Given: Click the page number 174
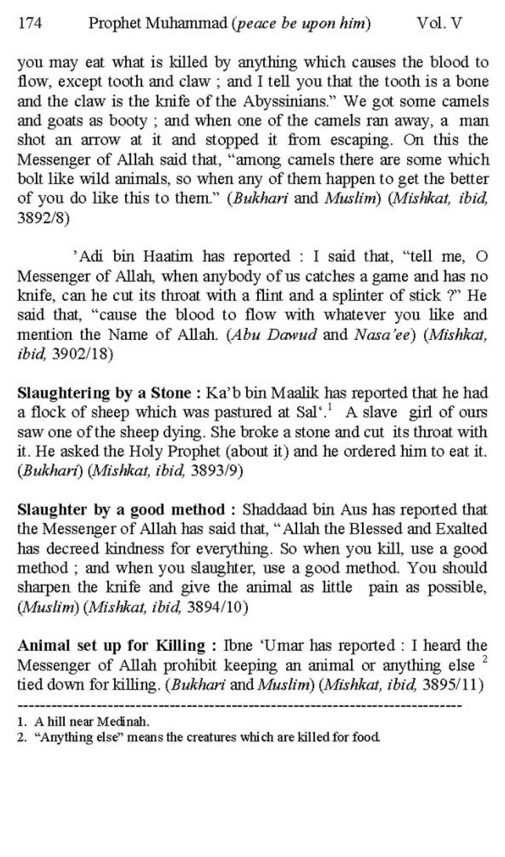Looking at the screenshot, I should [29, 24].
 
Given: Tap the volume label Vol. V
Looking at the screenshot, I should [439, 24].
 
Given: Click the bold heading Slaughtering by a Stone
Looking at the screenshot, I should [104, 393].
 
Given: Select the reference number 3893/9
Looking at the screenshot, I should [217, 471].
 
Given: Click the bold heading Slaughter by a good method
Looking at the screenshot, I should [122, 510].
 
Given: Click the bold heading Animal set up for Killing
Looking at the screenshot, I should [112, 646].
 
